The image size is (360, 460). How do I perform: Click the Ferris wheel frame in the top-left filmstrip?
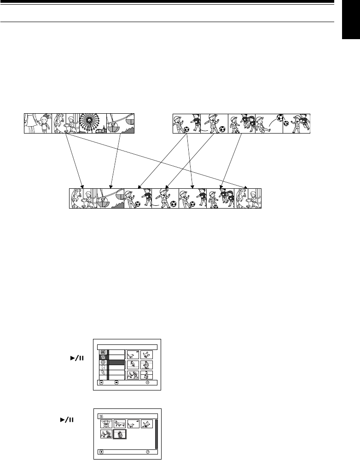(x=93, y=123)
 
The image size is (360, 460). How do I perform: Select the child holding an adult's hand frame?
(x=38, y=123)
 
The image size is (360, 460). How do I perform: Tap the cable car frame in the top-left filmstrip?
(x=121, y=123)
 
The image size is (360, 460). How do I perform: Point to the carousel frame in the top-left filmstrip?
(x=65, y=123)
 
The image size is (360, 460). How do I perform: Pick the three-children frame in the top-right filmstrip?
(x=242, y=123)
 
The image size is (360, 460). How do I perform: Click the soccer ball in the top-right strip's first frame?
(x=186, y=129)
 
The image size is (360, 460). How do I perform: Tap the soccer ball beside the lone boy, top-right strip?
(x=222, y=129)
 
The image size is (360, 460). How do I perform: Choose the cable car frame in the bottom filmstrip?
(x=110, y=199)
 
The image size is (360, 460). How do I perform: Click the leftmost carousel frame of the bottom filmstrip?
(x=83, y=199)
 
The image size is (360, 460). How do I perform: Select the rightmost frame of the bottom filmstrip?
(x=248, y=199)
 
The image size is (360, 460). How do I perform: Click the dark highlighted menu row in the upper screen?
(x=116, y=362)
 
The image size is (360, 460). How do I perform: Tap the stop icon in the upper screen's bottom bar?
(x=116, y=382)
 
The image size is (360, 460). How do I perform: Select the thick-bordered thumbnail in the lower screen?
(x=120, y=435)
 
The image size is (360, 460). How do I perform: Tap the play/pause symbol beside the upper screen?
(x=73, y=357)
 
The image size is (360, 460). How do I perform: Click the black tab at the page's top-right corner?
(x=352, y=23)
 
